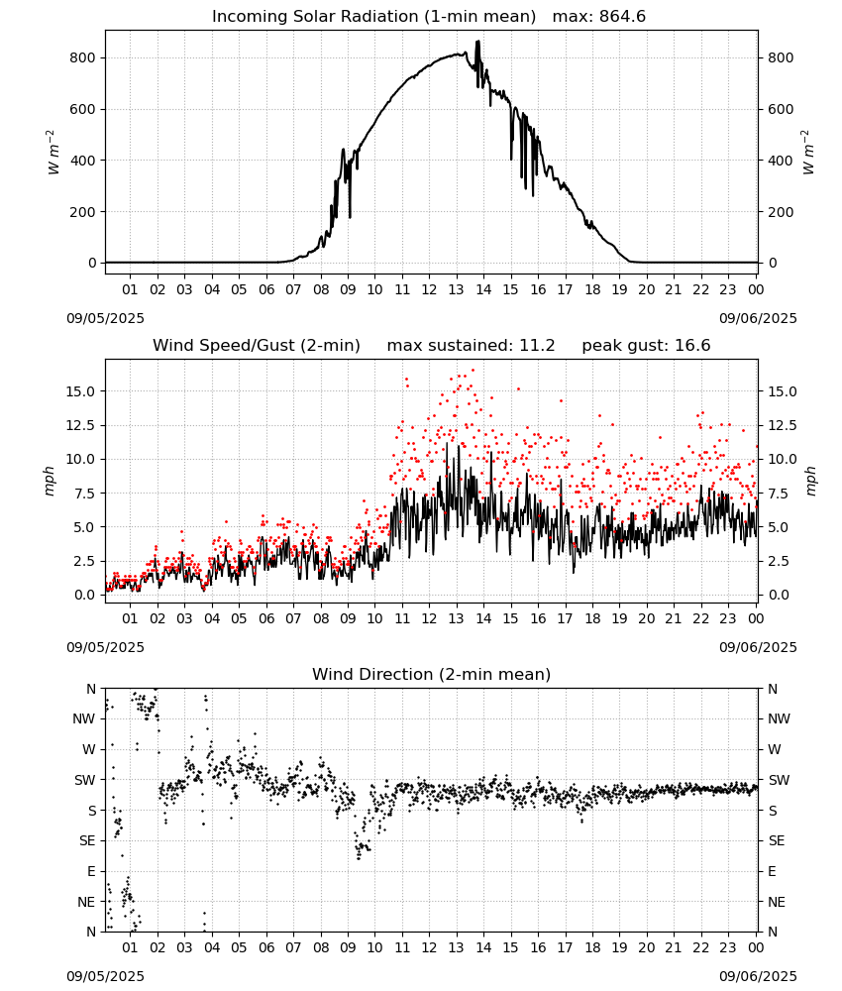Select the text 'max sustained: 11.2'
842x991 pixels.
click(x=471, y=346)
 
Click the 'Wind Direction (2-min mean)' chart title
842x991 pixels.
click(x=432, y=674)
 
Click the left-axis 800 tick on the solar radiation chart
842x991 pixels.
click(x=83, y=57)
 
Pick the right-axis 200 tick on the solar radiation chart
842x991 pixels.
click(x=781, y=212)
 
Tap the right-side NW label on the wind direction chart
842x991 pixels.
click(x=779, y=718)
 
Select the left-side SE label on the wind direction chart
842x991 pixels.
click(x=87, y=840)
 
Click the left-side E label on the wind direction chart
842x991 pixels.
click(x=91, y=871)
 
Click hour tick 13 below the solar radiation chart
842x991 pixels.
click(x=456, y=289)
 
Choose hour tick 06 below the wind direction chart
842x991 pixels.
click(x=266, y=947)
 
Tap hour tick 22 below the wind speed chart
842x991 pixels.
click(x=700, y=618)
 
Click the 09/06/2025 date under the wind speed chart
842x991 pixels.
click(x=758, y=647)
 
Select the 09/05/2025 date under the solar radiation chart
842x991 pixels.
click(x=105, y=318)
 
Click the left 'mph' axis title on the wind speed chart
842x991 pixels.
click(x=50, y=481)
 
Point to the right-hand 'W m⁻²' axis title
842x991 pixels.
click(x=808, y=153)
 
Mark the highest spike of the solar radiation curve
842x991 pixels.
click(x=478, y=41)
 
